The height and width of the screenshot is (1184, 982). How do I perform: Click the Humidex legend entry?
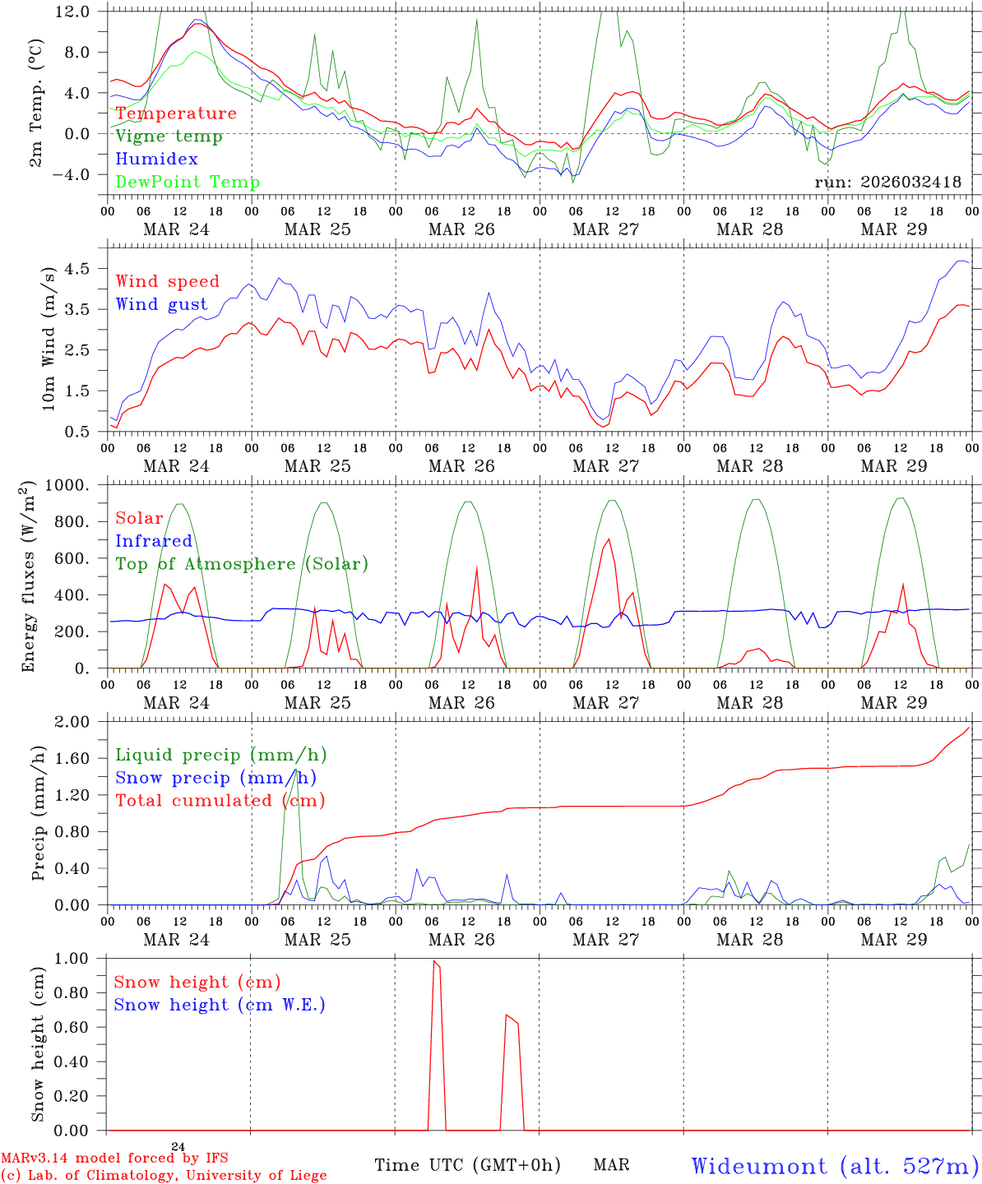pos(156,160)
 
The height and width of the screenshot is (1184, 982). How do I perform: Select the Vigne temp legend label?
pos(169,136)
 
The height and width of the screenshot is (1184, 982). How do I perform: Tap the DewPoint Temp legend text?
pos(188,183)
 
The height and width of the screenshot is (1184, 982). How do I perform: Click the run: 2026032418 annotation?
pos(887,183)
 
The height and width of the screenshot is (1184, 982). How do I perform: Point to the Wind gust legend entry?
pos(161,304)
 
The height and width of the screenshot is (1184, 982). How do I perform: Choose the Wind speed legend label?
pos(168,281)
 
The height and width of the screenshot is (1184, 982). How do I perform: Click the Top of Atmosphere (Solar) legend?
pos(242,564)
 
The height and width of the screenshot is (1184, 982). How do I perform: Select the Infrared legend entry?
pos(154,541)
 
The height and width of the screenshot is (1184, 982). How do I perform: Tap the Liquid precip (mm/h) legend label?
pos(221,755)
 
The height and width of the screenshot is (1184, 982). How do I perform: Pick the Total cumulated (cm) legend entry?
pos(220,801)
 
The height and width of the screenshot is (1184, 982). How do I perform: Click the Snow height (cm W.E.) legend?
pos(220,1005)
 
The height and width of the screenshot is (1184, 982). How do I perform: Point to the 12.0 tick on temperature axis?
pos(73,12)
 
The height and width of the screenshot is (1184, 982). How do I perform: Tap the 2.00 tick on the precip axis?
pos(72,722)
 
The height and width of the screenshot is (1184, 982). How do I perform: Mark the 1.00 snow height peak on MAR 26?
pos(434,960)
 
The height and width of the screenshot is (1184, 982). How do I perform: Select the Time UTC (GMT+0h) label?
pos(467,1165)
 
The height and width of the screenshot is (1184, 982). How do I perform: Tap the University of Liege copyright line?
pos(164,1176)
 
